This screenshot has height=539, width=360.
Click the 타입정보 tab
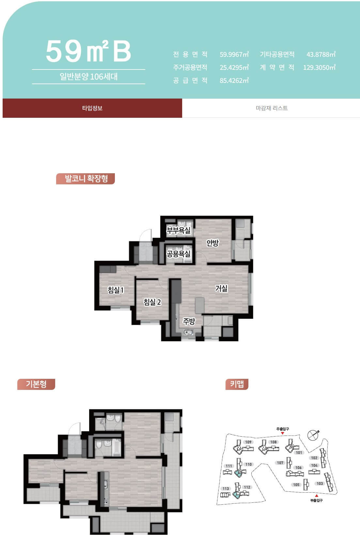pyautogui.click(x=92, y=108)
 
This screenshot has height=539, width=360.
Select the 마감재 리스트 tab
pyautogui.click(x=271, y=108)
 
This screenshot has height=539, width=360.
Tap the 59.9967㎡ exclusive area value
pyautogui.click(x=234, y=54)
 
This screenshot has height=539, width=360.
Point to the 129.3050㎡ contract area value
pyautogui.click(x=319, y=67)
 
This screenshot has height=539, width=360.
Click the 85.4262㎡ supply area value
pyautogui.click(x=234, y=80)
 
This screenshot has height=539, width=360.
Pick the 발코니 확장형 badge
pyautogui.click(x=86, y=178)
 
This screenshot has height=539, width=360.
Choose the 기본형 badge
pyautogui.click(x=36, y=384)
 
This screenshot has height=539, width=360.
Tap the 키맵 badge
pyautogui.click(x=237, y=384)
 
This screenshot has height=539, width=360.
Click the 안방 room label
pyautogui.click(x=212, y=243)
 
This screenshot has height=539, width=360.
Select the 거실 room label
pyautogui.click(x=221, y=288)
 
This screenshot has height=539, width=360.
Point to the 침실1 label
pyautogui.click(x=116, y=290)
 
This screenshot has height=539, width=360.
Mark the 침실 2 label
pyautogui.click(x=152, y=302)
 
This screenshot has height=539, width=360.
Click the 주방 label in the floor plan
pyautogui.click(x=189, y=321)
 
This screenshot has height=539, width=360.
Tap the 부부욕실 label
pyautogui.click(x=179, y=230)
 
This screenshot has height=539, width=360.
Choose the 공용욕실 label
pyautogui.click(x=179, y=254)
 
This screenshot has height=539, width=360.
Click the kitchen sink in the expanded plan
pyautogui.click(x=188, y=332)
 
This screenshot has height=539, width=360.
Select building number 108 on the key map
pyautogui.click(x=274, y=442)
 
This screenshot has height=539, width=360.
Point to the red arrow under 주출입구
pyautogui.click(x=283, y=433)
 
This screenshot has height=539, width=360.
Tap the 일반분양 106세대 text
pyautogui.click(x=88, y=77)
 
